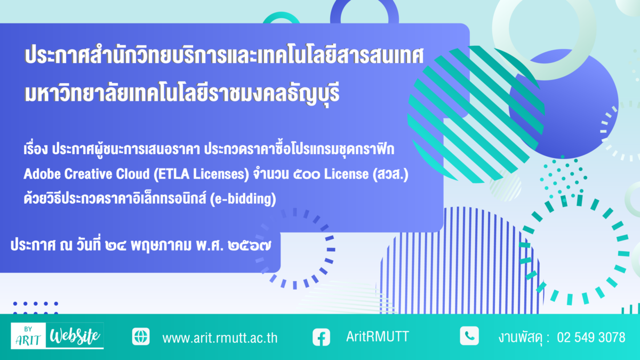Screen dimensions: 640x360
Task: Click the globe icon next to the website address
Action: click(x=141, y=337)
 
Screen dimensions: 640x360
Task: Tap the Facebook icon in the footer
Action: click(x=321, y=337)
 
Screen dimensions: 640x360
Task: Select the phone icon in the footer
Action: click(x=469, y=335)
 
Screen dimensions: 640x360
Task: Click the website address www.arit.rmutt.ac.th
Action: click(x=220, y=338)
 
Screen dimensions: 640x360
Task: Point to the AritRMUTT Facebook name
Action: click(x=378, y=337)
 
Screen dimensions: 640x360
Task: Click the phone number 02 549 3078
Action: click(x=591, y=338)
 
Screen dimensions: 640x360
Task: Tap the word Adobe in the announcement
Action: click(x=42, y=174)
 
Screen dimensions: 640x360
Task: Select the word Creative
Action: click(x=88, y=174)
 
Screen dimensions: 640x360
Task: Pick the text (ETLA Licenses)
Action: click(x=202, y=174)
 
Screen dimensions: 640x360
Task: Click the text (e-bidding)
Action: click(x=243, y=199)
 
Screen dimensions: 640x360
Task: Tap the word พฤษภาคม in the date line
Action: click(x=161, y=246)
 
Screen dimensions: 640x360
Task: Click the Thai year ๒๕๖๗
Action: click(x=250, y=246)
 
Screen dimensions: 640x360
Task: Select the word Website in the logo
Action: click(x=75, y=336)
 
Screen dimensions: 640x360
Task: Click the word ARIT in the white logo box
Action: click(x=28, y=340)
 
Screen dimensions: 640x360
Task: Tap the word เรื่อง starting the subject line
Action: click(x=36, y=149)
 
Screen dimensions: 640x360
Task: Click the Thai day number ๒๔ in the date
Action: click(x=115, y=246)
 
